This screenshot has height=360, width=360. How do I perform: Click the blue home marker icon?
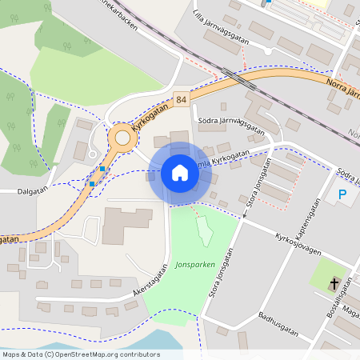(180, 173)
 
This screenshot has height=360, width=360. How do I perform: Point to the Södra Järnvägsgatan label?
(230, 121)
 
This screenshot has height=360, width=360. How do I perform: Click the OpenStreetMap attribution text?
(81, 354)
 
